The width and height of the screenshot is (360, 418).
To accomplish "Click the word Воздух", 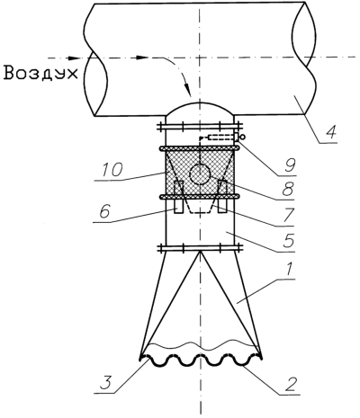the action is [x=40, y=73].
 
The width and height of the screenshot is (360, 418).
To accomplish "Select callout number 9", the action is [x=290, y=165].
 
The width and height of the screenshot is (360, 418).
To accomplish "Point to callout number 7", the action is [x=288, y=215].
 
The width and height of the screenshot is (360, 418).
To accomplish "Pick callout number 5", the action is [x=288, y=240].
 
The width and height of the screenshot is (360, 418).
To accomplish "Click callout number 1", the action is [x=288, y=270].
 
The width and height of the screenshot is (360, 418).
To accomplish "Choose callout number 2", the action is [x=290, y=385].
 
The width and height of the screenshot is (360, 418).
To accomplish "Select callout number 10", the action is [x=112, y=171].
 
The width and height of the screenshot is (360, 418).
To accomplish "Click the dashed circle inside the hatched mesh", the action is [x=200, y=174].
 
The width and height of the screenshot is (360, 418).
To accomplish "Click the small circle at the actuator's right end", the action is [x=242, y=137].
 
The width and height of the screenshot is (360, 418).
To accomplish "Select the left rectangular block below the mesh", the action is [x=178, y=197].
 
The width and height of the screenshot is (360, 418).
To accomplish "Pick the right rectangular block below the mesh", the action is [x=222, y=196].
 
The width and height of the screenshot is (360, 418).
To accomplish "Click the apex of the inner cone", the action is [x=200, y=252].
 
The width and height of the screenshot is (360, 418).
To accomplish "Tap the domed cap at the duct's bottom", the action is [x=200, y=109].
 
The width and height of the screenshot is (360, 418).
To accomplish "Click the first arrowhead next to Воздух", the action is [x=73, y=58].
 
